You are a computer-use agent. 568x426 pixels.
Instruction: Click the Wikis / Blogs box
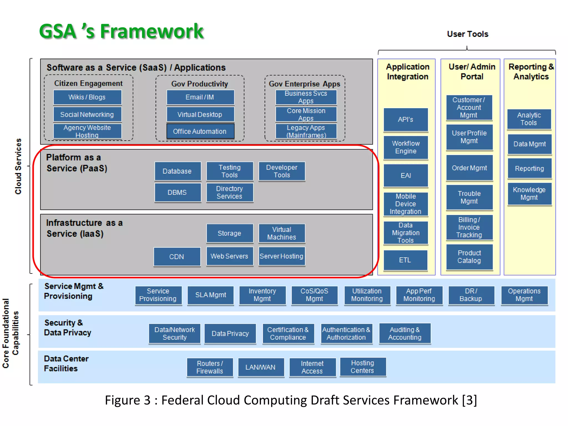click(x=87, y=97)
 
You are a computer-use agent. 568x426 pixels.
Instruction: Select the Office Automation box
click(x=200, y=131)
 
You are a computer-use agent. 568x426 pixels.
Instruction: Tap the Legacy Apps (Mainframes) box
click(x=306, y=131)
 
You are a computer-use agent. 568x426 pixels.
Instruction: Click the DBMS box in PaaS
click(x=177, y=192)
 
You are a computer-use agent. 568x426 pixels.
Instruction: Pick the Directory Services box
click(x=229, y=192)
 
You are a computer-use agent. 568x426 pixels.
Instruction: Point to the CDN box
click(x=177, y=257)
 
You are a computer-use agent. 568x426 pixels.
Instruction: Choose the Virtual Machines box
click(x=282, y=233)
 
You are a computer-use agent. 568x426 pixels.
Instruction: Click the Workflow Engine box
click(x=405, y=147)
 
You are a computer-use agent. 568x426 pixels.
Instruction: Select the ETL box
click(x=405, y=260)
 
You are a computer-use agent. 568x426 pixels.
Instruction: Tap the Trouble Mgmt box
click(x=469, y=197)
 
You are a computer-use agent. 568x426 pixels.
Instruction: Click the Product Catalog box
click(x=469, y=257)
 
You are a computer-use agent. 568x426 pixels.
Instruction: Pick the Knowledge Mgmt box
click(x=529, y=194)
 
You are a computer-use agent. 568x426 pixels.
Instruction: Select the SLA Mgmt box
click(x=211, y=295)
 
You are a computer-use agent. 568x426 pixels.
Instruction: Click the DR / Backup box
click(x=471, y=295)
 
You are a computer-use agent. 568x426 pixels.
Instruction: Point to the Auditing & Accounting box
click(x=405, y=333)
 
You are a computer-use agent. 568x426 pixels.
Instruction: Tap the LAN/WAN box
click(x=261, y=367)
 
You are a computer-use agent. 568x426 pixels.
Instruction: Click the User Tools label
click(x=468, y=34)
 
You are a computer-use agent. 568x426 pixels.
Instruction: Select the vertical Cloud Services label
click(x=18, y=166)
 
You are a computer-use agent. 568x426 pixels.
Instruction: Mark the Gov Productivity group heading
click(x=200, y=84)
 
